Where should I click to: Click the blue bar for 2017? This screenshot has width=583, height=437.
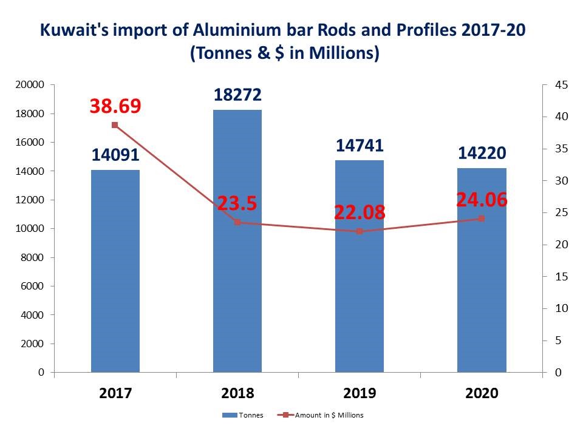[x=115, y=273]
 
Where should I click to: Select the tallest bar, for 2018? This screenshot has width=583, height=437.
[x=237, y=243]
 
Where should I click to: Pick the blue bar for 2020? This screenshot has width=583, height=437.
[x=482, y=273]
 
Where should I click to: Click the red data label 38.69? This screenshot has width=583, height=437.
[x=115, y=106]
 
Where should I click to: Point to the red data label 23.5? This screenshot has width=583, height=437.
[x=237, y=203]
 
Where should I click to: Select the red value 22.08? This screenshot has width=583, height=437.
[x=360, y=212]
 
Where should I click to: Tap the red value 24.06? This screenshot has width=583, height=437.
[x=482, y=200]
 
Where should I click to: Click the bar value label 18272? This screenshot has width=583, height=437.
[x=237, y=95]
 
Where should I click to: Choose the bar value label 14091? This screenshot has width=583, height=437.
[x=115, y=155]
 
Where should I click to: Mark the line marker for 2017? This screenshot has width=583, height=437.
[x=115, y=125]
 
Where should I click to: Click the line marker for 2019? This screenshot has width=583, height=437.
[x=360, y=231]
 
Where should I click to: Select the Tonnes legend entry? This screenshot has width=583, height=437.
[x=242, y=415]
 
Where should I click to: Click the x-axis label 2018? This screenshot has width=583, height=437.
[x=237, y=393]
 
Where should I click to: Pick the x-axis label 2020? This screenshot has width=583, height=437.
[x=482, y=393]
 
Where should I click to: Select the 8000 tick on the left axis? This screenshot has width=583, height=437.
[x=33, y=257]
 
